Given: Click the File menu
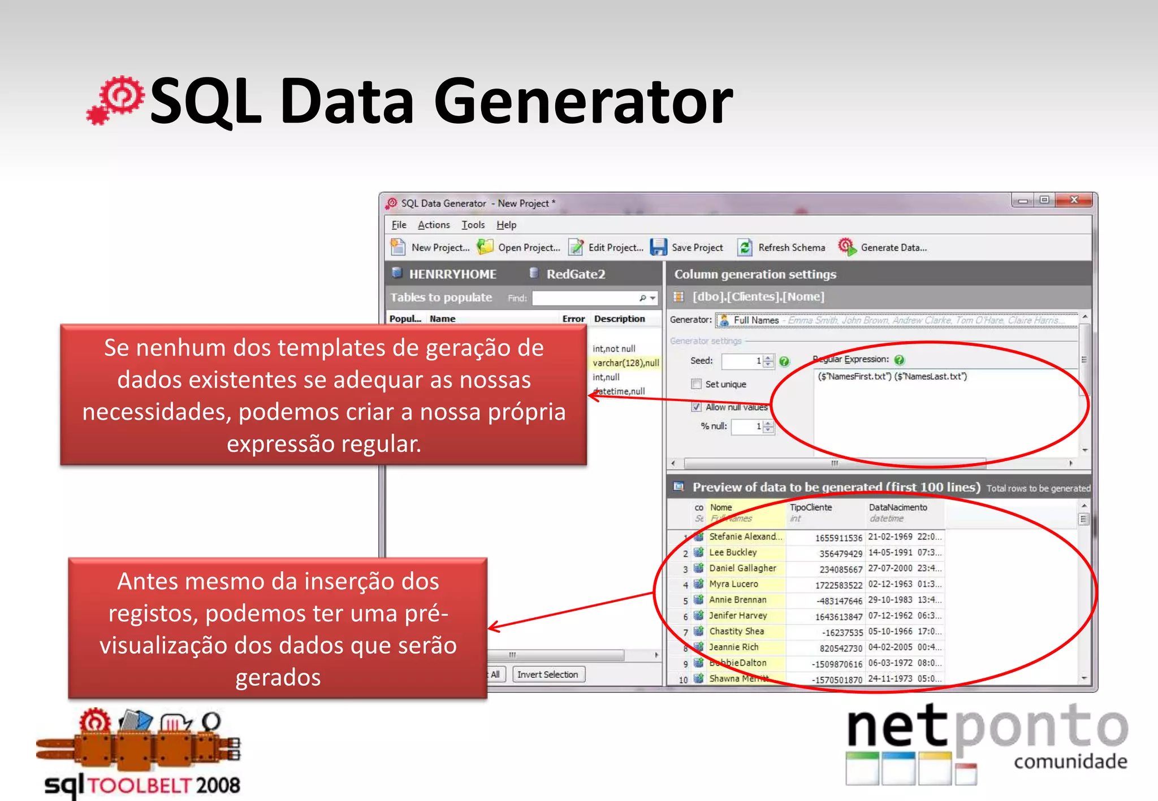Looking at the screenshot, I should (399, 225).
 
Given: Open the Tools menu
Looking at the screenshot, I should (473, 225).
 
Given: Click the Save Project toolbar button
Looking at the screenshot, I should (687, 247).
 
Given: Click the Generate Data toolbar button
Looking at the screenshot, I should (883, 247).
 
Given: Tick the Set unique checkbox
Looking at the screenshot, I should (697, 384).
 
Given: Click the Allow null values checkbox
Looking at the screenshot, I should (697, 407).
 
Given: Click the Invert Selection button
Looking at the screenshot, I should (547, 674).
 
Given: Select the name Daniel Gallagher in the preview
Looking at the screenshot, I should (742, 568).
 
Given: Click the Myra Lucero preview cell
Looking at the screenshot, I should (733, 584).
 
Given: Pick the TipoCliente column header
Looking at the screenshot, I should (810, 507).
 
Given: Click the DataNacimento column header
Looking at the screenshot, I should (897, 507).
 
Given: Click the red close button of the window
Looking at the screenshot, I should (1074, 200).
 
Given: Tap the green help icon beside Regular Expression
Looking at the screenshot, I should (900, 360).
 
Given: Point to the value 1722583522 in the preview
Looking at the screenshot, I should (839, 585).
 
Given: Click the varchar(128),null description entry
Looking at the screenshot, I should (625, 363).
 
